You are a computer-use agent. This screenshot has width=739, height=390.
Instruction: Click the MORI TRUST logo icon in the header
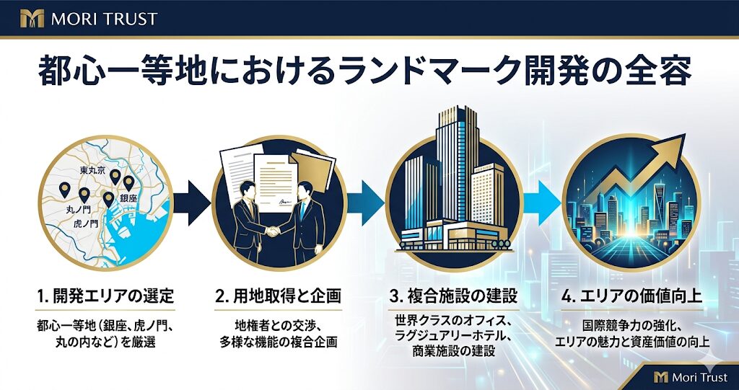click(32, 18)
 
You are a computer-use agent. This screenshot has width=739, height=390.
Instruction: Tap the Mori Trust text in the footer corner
click(700, 377)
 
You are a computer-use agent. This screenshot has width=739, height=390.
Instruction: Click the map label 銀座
click(128, 198)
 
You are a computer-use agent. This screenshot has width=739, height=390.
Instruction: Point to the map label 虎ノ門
click(86, 223)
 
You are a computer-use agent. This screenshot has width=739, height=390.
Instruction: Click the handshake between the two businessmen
click(272, 231)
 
